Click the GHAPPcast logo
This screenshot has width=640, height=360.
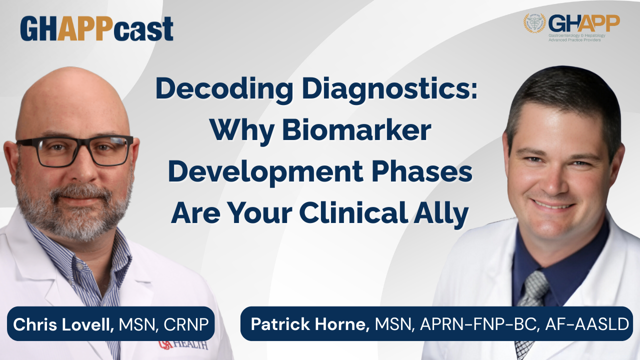(x=96, y=28)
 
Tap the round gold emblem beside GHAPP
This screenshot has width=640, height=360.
(x=534, y=23)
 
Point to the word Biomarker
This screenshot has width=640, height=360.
(x=356, y=130)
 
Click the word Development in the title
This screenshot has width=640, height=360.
(x=265, y=172)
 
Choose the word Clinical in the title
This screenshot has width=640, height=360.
(x=353, y=213)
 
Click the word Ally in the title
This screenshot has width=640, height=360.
(x=441, y=214)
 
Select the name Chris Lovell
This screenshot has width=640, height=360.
(x=63, y=324)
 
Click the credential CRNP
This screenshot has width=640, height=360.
(x=185, y=324)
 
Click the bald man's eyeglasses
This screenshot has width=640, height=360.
(x=75, y=150)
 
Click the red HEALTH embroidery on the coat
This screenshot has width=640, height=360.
(x=183, y=345)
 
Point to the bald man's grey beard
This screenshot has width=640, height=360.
(x=73, y=208)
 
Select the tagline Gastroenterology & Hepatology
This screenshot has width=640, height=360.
(x=577, y=35)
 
